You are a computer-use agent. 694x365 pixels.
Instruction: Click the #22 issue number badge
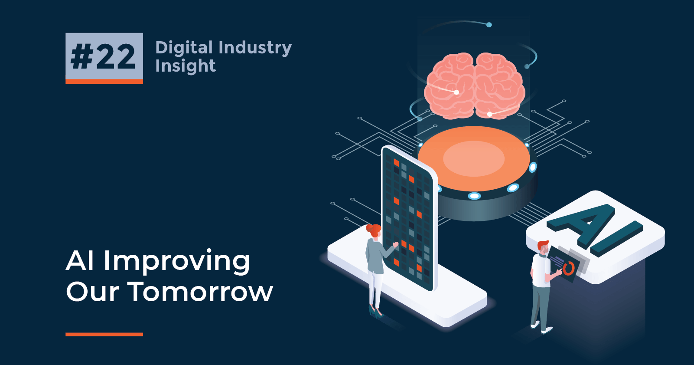104,58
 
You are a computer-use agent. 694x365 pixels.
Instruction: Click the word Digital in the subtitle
184,48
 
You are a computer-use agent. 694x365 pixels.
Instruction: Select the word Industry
255,48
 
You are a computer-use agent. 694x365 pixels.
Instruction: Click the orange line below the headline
104,334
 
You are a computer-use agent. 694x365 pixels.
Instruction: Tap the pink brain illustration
475,86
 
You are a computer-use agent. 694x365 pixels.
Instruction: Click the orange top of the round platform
474,158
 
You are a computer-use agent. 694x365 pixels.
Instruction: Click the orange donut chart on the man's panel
569,268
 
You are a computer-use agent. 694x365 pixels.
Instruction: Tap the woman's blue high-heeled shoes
376,312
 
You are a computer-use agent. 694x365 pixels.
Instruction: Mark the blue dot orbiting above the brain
489,25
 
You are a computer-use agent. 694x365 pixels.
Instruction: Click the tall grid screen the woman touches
409,219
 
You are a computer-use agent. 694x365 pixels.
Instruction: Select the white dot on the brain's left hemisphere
456,92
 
